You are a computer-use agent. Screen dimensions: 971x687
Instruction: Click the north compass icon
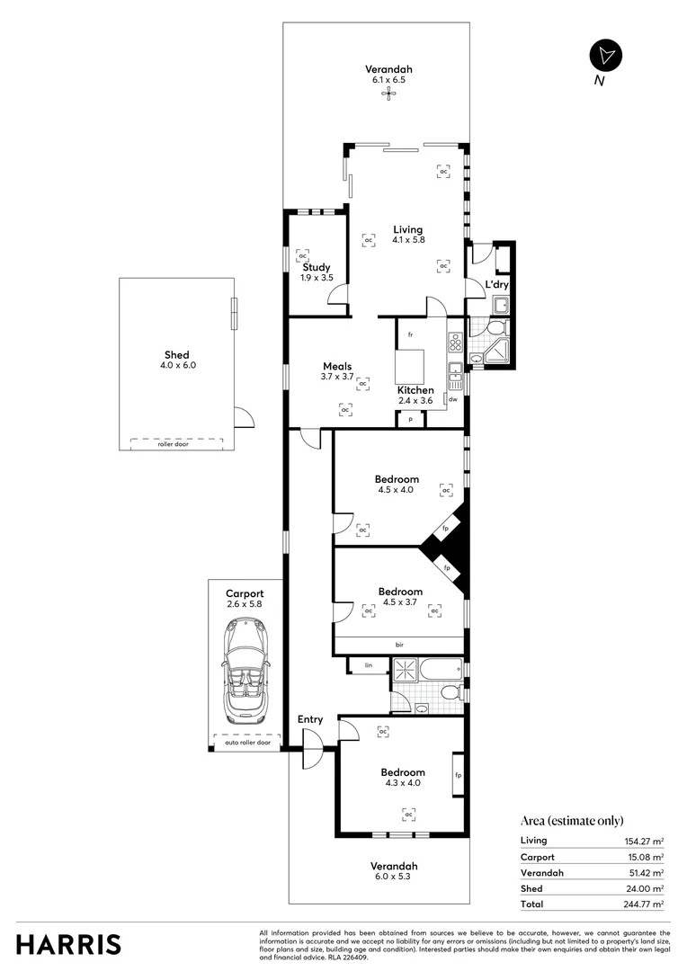tap(606, 55)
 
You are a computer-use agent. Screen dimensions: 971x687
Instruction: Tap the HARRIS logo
tap(68, 944)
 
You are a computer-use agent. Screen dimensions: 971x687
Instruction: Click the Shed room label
tap(176, 355)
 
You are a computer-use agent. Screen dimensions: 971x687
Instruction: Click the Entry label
tap(310, 719)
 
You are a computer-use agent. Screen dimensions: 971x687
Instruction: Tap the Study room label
tap(317, 267)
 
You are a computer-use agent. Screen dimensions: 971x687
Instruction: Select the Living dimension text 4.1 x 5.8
tap(407, 240)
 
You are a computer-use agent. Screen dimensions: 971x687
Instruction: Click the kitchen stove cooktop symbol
tap(454, 342)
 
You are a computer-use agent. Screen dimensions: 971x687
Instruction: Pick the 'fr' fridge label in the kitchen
tap(409, 334)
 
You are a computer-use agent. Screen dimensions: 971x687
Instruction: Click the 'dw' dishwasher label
tap(454, 399)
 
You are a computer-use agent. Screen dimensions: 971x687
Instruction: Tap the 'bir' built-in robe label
tap(399, 644)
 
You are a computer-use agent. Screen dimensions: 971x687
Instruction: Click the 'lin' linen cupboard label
tap(369, 666)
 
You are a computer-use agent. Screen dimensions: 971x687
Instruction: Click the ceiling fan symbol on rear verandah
tap(389, 92)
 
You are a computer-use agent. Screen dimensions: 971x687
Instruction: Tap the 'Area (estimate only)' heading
tap(572, 820)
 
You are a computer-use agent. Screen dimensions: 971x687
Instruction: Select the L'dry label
tap(497, 285)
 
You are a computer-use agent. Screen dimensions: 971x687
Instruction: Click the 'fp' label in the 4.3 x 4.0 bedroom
tap(458, 775)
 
